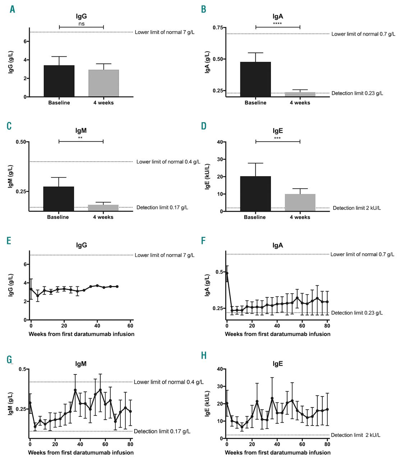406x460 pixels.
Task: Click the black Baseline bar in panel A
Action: click(x=59, y=81)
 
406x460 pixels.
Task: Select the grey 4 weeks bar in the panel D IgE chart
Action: click(x=300, y=203)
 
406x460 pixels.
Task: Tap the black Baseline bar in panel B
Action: click(x=255, y=79)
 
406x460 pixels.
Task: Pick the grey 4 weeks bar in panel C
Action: click(x=103, y=208)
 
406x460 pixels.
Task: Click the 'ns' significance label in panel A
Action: click(x=82, y=24)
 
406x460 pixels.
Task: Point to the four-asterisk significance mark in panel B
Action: click(x=277, y=24)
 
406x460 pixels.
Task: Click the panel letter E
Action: click(x=9, y=241)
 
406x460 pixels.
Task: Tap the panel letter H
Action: click(x=204, y=356)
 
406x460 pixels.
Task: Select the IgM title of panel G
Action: click(x=81, y=364)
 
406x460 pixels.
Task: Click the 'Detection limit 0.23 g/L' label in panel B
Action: click(x=357, y=93)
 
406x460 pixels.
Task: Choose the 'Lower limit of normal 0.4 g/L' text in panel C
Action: click(x=168, y=162)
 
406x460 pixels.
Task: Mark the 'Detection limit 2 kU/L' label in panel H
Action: click(x=355, y=435)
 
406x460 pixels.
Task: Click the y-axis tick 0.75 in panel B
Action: click(x=218, y=28)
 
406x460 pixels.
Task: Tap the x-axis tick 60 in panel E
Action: click(x=130, y=326)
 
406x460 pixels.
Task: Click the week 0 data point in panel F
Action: click(x=227, y=273)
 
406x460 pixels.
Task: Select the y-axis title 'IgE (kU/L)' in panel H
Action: click(x=207, y=404)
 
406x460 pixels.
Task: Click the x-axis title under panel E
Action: click(x=82, y=334)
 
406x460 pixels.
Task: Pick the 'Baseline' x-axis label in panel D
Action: click(x=255, y=217)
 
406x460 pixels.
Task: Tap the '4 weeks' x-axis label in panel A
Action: click(x=103, y=103)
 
